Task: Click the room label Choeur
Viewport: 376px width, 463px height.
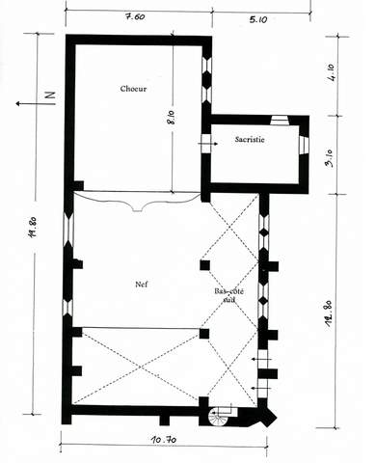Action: click(133, 89)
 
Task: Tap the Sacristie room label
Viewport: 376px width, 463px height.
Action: click(250, 139)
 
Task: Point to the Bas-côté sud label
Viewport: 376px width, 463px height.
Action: click(229, 295)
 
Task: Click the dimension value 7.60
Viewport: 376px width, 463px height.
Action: click(135, 16)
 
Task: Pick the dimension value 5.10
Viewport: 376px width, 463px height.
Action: click(258, 19)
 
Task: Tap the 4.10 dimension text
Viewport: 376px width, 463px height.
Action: click(331, 72)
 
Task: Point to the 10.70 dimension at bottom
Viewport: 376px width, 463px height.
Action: click(164, 439)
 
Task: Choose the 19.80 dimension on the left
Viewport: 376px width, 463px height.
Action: click(34, 227)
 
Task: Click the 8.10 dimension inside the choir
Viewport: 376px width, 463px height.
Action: click(172, 118)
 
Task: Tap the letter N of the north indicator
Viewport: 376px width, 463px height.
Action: click(50, 95)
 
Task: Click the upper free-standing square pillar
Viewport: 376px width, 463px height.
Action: click(205, 265)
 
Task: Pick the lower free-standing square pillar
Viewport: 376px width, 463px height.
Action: click(204, 334)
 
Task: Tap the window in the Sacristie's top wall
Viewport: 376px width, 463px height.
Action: click(280, 121)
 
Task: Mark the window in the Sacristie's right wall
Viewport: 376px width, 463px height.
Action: click(304, 145)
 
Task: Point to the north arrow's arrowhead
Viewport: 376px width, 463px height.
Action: click(19, 103)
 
